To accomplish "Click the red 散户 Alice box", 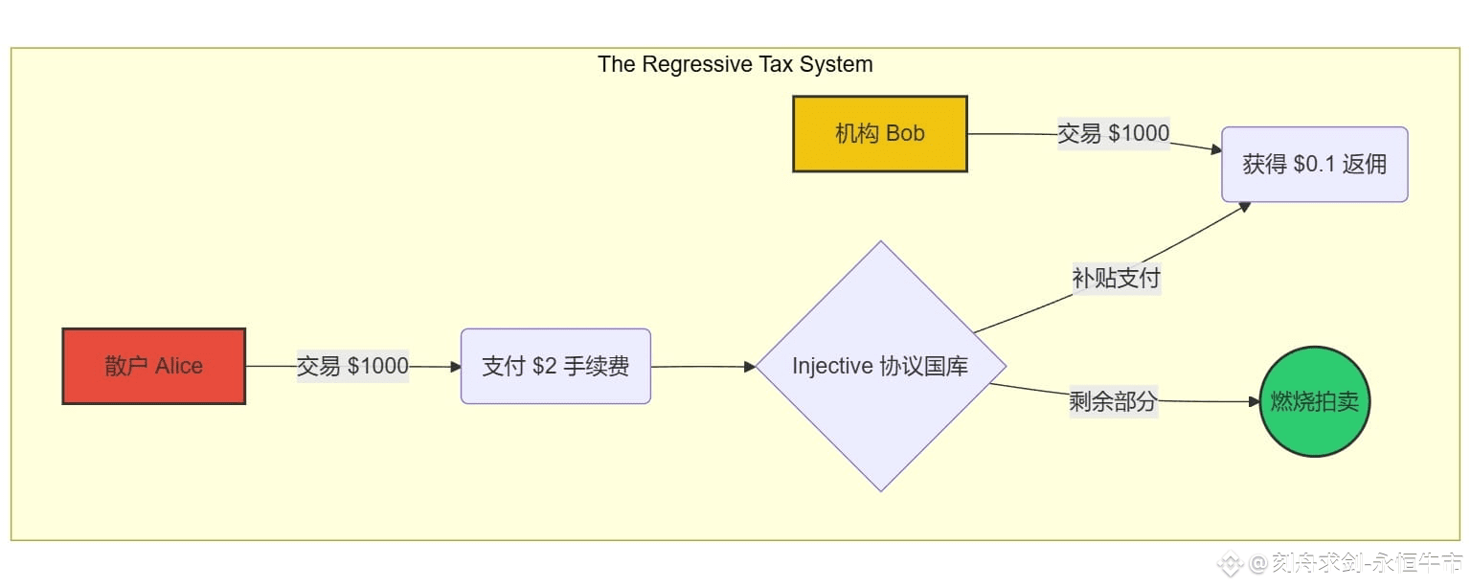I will click(153, 366).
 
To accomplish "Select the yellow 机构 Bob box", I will click(879, 134).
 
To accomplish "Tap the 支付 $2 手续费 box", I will click(555, 366).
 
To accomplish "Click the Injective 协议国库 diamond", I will click(880, 366).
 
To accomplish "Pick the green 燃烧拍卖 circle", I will click(1314, 402).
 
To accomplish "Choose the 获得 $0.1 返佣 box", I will click(1314, 165).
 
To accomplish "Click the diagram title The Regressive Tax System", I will click(735, 64).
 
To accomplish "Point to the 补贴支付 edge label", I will click(1116, 279).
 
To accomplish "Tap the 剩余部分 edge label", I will click(1113, 402).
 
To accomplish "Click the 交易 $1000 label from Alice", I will click(352, 366).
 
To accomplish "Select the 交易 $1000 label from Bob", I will click(1113, 133).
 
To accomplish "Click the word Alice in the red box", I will click(179, 366).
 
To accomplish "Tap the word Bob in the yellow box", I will click(905, 134).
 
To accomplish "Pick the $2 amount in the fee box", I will click(545, 366).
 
